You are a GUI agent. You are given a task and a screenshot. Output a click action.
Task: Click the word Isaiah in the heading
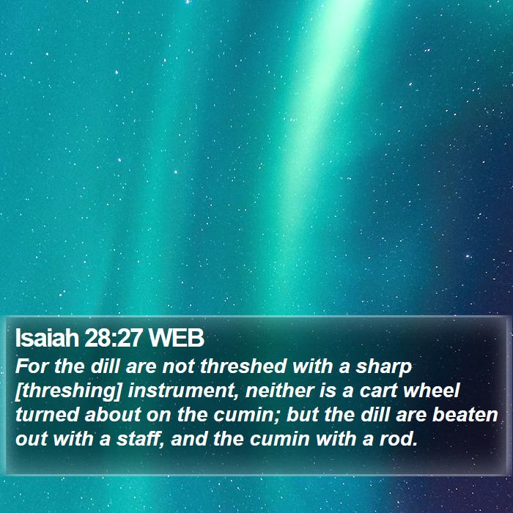click(47, 338)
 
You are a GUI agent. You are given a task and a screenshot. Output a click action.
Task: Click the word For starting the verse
click(32, 366)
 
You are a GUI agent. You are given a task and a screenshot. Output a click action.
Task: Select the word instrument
click(184, 391)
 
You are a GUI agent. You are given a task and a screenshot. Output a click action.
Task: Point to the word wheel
click(432, 390)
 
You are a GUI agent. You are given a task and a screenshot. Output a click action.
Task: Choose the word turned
click(47, 415)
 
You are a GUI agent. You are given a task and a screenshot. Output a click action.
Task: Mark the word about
click(113, 415)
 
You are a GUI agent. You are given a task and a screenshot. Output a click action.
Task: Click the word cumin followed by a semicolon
click(247, 416)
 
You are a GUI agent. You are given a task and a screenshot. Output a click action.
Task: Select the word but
click(303, 415)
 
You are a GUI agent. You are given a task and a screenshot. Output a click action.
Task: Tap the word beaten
click(465, 415)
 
